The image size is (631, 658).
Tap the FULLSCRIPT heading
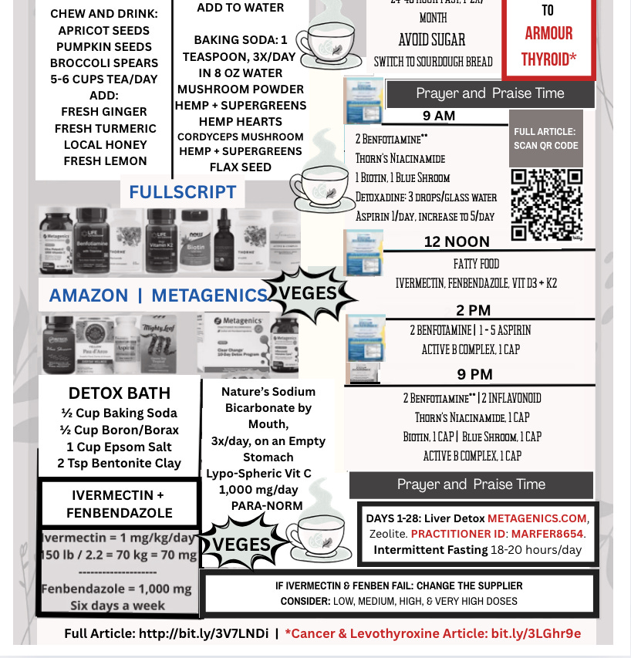(x=182, y=191)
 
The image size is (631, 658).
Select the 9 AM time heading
(x=439, y=116)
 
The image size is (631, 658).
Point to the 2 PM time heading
(x=473, y=310)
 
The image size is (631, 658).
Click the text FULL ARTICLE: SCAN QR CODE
(x=545, y=139)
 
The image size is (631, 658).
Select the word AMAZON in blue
(x=89, y=295)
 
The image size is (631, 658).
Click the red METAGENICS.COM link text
(x=537, y=517)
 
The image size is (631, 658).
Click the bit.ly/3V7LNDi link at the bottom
(x=204, y=633)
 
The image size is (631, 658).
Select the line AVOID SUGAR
(x=432, y=40)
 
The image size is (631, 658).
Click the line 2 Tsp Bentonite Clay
(x=119, y=464)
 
